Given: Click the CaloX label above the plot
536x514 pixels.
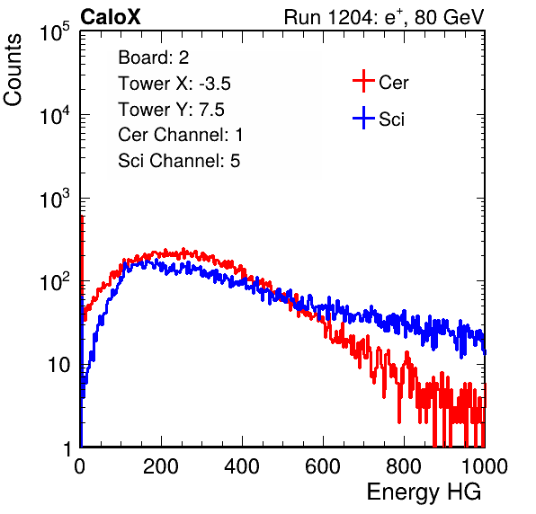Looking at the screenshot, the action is click(110, 17).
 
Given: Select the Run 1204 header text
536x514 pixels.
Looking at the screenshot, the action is click(384, 17).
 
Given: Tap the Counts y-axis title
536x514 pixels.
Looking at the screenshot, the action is click(13, 70).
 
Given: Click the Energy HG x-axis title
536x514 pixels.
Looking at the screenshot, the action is click(424, 492).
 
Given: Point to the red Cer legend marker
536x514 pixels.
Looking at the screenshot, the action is click(363, 81).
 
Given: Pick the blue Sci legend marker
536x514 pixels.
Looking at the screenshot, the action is click(363, 118).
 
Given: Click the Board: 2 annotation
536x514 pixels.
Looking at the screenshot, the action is click(154, 58).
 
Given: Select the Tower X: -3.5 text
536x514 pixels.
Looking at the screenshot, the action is click(174, 84).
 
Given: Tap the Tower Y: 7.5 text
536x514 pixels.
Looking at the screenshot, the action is click(171, 110).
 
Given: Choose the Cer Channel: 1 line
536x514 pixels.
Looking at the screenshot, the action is click(181, 135).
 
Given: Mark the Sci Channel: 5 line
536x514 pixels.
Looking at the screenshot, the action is click(179, 161).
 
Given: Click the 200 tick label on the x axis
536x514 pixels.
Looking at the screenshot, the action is click(161, 466).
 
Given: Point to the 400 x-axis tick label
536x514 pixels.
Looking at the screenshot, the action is click(242, 466).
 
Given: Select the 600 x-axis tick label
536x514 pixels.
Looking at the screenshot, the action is click(323, 466).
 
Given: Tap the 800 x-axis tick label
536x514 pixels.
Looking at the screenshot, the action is click(404, 466).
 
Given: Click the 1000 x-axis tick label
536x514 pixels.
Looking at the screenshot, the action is click(485, 466).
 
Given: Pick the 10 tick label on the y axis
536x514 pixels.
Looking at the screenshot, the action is click(59, 366).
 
